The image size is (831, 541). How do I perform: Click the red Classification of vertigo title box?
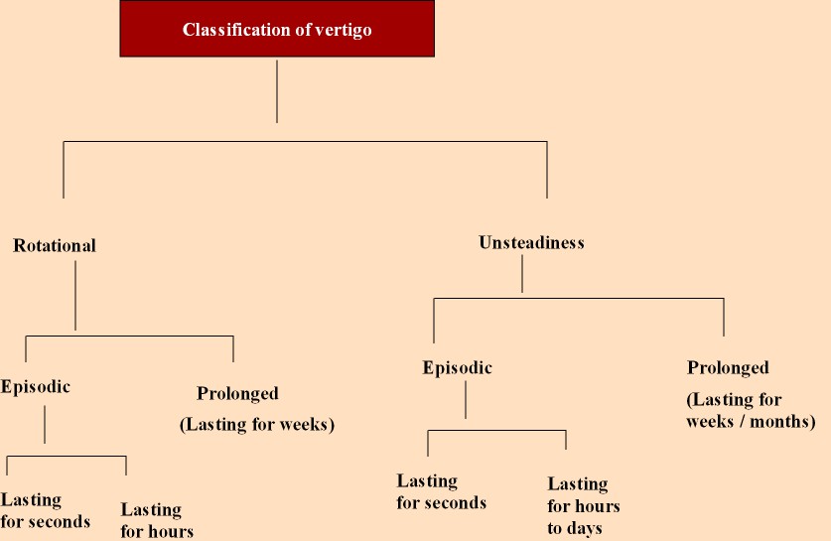point(277,30)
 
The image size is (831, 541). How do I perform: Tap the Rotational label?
point(55,245)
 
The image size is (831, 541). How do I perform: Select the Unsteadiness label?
point(531,242)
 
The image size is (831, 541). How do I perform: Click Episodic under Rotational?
point(36,386)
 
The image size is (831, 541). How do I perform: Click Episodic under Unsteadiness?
point(457,368)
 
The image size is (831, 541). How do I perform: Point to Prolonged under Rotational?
point(238,394)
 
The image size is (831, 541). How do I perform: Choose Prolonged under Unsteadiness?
point(728,367)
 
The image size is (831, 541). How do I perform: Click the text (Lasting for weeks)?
point(257,425)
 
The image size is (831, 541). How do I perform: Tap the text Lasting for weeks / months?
point(751,411)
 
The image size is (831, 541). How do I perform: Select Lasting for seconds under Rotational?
point(46,510)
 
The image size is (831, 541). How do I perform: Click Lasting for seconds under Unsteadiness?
point(442,491)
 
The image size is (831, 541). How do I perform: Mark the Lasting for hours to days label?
point(584,505)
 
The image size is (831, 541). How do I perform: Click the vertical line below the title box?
point(277,91)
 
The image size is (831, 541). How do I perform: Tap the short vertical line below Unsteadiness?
point(522,275)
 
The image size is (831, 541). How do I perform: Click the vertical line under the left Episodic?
point(45,426)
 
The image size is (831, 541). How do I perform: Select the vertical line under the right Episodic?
point(466,400)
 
